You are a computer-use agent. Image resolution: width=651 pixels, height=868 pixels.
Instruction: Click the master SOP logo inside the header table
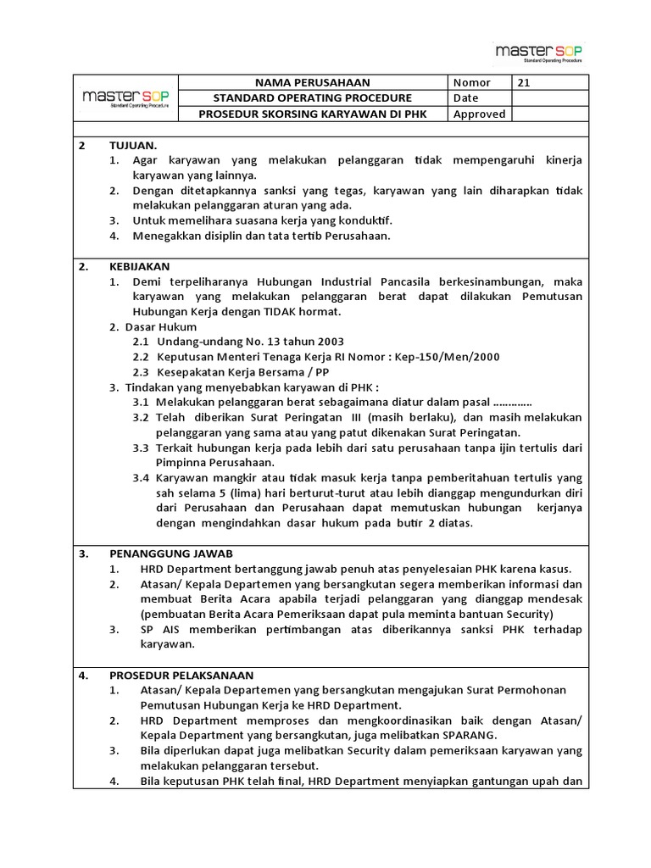point(126,98)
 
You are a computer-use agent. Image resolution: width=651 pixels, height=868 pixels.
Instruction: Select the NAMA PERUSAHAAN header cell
point(313,82)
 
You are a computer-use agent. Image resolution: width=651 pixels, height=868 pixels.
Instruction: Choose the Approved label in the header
point(479,114)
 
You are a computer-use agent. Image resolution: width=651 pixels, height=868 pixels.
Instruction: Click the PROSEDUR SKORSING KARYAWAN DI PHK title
point(313,114)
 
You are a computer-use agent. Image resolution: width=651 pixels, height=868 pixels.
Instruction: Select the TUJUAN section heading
point(133,146)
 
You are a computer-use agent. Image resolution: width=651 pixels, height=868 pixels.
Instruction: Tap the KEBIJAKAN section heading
point(140,266)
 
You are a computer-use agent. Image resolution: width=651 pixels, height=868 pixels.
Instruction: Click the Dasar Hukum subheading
point(164,326)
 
